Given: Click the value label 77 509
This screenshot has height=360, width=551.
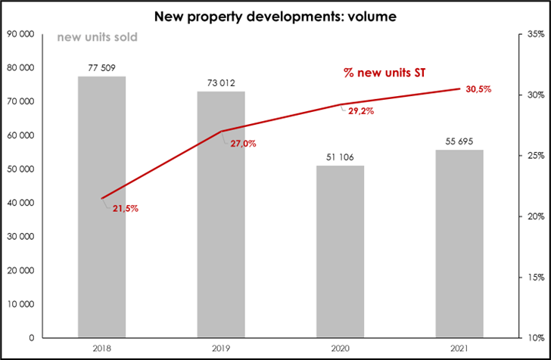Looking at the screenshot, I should (x=101, y=68).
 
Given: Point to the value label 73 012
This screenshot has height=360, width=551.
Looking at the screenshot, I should (x=220, y=83).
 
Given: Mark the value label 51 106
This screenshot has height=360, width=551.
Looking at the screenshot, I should (x=340, y=157).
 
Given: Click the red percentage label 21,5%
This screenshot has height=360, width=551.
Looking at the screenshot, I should (x=126, y=209).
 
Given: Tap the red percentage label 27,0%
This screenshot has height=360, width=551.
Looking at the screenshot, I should (x=244, y=144).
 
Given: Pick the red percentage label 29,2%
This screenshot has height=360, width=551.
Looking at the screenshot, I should (x=361, y=110).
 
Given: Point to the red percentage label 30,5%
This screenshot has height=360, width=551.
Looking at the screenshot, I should (x=478, y=89).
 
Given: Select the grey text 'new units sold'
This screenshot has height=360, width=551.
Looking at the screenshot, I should (x=98, y=37).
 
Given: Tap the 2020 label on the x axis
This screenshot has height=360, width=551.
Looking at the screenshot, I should (x=340, y=349).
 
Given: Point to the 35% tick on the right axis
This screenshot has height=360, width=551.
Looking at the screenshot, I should (x=535, y=34).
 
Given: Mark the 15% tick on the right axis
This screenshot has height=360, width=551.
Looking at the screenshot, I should (x=535, y=277).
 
